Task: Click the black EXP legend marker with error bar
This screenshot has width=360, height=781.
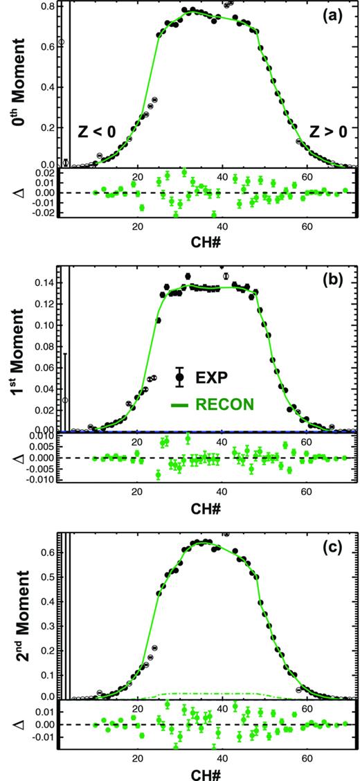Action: tap(181, 377)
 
